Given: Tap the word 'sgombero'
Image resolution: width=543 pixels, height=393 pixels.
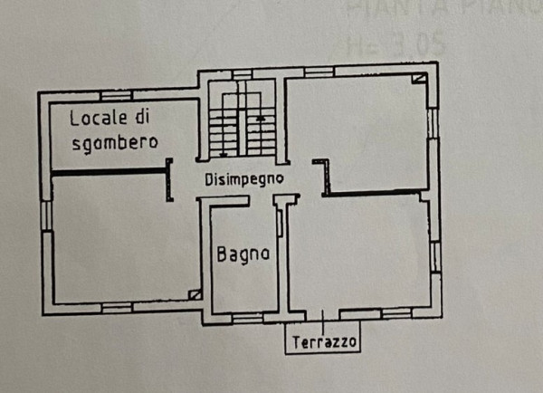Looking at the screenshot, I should coord(114,141).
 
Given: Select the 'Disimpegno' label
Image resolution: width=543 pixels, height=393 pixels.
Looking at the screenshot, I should coord(243,178).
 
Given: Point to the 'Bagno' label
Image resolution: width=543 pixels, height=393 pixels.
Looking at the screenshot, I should coord(243,254).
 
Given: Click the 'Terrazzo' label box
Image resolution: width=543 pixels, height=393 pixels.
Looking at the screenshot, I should coord(324,341).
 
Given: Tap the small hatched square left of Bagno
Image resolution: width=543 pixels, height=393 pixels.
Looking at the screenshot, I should coord(195,294).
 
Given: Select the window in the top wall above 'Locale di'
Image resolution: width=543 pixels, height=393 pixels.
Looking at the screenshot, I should coord(116,94).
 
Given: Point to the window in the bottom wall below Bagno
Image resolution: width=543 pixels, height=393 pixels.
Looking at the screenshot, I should coord(246,317).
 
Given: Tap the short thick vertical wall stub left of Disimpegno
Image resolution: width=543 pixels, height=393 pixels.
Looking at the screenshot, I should coord(169,179).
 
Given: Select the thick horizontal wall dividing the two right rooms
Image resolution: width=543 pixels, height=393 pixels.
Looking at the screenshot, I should coord(373,193).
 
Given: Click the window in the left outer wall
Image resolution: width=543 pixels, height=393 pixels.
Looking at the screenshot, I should coord(44,215).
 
